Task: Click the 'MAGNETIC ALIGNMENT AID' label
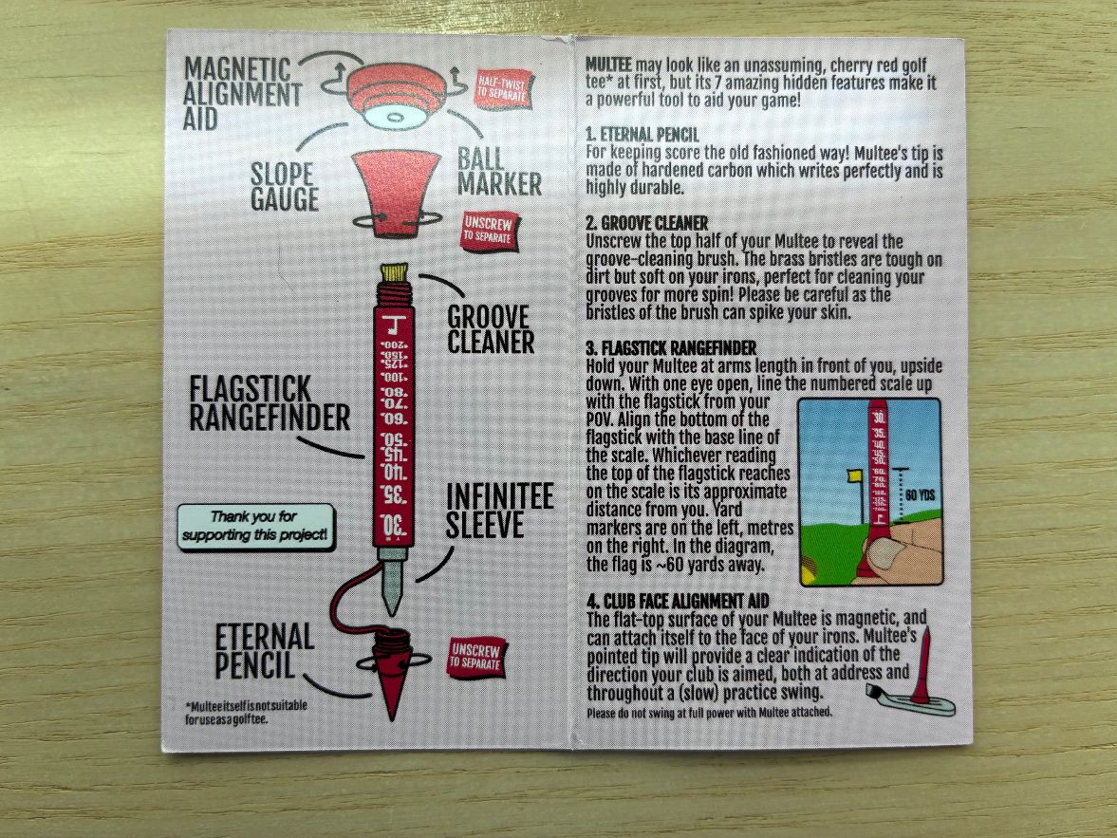pos(242,93)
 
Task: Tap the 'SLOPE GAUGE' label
pos(285,186)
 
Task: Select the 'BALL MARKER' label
pos(498,172)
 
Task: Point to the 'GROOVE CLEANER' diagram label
pos(491,328)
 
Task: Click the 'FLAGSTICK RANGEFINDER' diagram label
pos(270,403)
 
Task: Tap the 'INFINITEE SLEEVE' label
pos(499,511)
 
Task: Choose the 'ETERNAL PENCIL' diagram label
pos(264,651)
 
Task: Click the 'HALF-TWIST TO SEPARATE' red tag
pos(504,89)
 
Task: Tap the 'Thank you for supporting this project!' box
pos(254,527)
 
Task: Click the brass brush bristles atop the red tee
pos(393,272)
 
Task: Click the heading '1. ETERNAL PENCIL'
pos(642,135)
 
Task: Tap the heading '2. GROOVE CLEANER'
pos(647,223)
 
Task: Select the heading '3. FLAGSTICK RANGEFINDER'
pos(671,348)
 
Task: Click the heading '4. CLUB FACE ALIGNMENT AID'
pos(678,601)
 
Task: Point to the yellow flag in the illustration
pos(853,475)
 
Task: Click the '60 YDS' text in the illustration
pos(920,495)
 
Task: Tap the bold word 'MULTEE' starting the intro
pos(608,65)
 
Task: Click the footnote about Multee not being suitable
pos(246,712)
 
